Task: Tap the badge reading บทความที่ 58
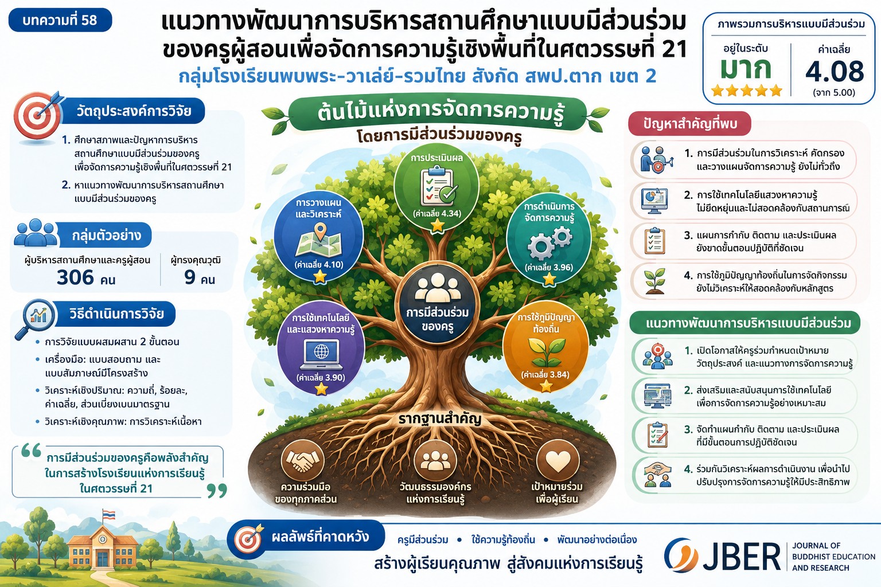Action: (x=60, y=20)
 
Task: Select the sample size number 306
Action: (x=75, y=277)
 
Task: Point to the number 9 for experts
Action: (x=190, y=277)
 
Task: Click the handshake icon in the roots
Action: (x=302, y=460)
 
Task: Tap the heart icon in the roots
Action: (x=558, y=460)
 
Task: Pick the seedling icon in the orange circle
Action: (x=546, y=353)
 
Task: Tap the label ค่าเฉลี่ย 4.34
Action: (x=437, y=214)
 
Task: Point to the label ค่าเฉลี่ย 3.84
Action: (x=545, y=375)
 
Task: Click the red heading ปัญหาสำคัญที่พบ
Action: (x=690, y=124)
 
